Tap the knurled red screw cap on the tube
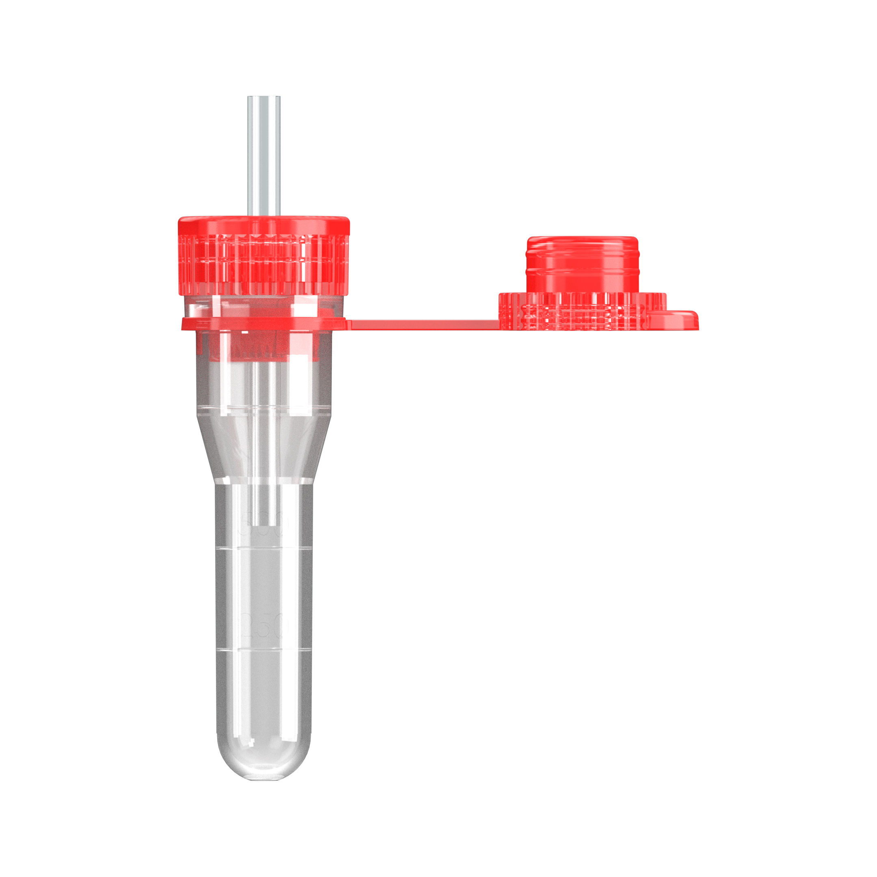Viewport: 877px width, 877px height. click(x=263, y=263)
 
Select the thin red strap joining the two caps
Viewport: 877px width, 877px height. click(x=422, y=325)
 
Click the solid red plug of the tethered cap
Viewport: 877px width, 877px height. click(x=582, y=268)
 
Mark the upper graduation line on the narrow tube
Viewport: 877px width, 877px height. click(x=263, y=549)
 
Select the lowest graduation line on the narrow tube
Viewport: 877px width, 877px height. click(x=263, y=650)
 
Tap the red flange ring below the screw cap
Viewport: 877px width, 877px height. click(x=263, y=323)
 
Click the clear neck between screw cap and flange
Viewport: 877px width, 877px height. click(x=263, y=307)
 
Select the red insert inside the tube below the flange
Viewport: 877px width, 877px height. click(x=259, y=347)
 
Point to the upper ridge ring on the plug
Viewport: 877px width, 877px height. click(x=582, y=248)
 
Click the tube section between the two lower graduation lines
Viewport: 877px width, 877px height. click(x=263, y=599)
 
